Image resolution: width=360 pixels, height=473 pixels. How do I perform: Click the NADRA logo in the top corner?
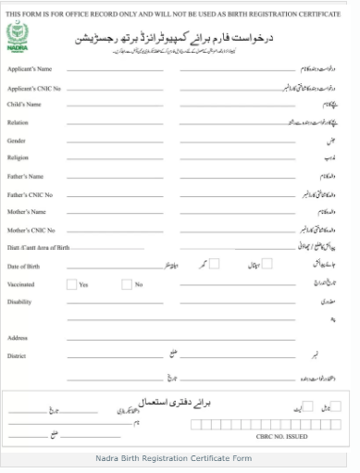(x=19, y=38)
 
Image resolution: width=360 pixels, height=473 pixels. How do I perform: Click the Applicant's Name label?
(x=30, y=68)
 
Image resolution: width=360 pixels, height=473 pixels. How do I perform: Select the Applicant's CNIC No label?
(x=34, y=87)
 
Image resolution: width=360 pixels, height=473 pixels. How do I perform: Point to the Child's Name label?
(x=24, y=105)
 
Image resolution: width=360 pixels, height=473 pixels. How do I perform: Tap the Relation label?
(x=18, y=122)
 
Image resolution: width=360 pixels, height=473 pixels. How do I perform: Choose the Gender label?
(x=17, y=140)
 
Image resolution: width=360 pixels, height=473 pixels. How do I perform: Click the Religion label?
(x=19, y=157)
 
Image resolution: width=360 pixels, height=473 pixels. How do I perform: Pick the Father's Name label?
(x=25, y=176)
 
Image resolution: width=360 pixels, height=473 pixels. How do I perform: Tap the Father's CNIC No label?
(x=31, y=194)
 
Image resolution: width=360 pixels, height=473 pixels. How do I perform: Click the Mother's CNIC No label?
(x=31, y=230)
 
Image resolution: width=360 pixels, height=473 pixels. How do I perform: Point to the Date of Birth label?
(x=24, y=267)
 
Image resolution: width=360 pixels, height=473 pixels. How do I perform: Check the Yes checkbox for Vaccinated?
(x=71, y=284)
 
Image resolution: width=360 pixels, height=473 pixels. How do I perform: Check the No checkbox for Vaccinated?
(x=127, y=284)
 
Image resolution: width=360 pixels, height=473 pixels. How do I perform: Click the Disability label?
(x=20, y=301)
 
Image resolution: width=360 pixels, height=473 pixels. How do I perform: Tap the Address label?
(x=18, y=338)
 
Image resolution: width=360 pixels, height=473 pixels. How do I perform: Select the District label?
(x=18, y=355)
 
